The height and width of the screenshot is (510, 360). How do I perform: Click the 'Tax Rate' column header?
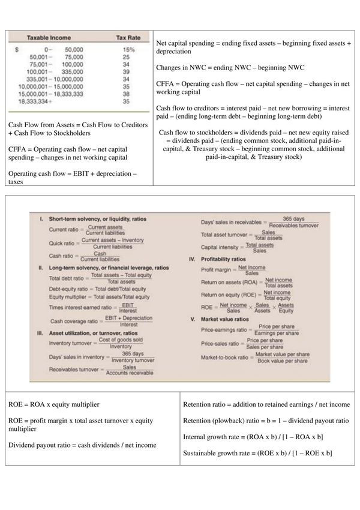(x=127, y=37)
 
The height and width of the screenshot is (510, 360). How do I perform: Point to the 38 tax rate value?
(x=127, y=94)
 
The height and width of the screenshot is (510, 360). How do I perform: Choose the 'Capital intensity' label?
(x=221, y=248)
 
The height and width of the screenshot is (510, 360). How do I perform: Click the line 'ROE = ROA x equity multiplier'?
(x=54, y=404)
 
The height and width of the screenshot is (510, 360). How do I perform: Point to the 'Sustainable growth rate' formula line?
(x=258, y=452)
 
